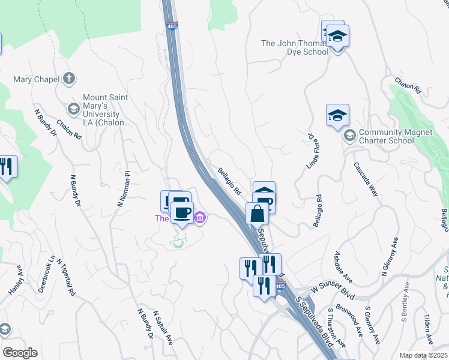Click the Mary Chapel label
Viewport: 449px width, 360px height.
[x=36, y=79]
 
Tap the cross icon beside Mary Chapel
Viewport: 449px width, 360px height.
[x=70, y=78]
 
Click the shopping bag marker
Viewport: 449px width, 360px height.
[x=257, y=214]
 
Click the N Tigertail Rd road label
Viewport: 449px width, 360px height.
[x=66, y=277]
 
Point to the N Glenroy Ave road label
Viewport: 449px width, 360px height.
[x=389, y=257]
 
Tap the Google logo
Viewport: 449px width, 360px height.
[x=20, y=353]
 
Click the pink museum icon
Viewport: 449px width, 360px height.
[x=200, y=219]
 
